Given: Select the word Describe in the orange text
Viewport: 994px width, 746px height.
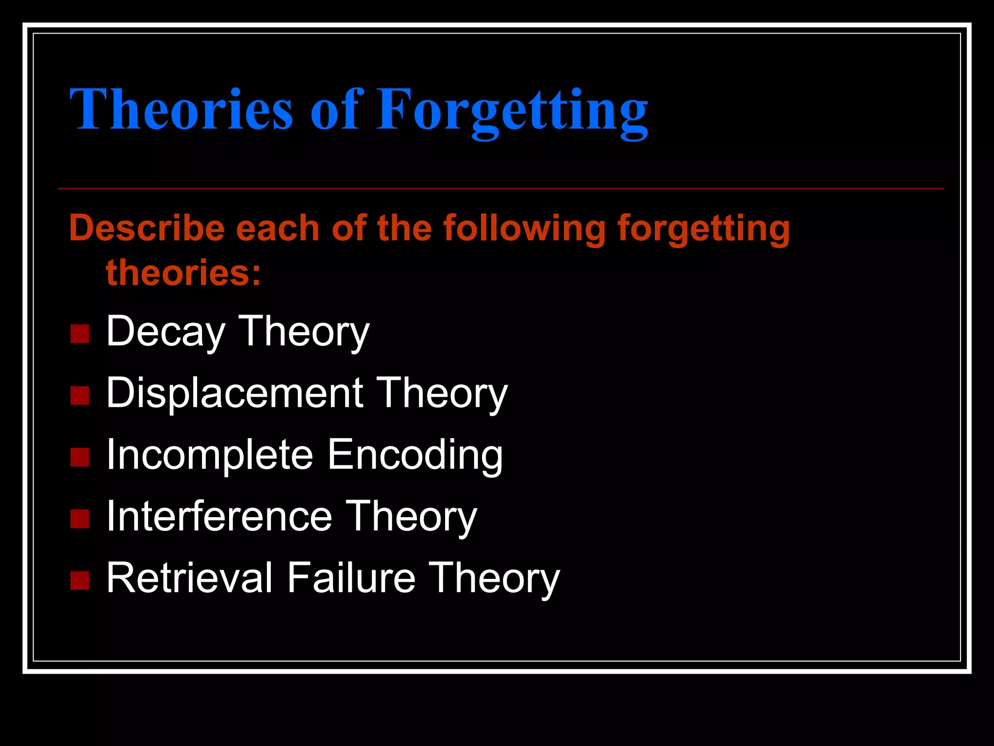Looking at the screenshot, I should (x=147, y=228).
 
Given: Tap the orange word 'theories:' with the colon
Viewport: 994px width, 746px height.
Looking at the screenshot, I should (x=183, y=272).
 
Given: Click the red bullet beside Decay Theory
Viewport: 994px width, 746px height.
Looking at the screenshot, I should (x=80, y=334).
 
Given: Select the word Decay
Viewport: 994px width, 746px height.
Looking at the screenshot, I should (x=166, y=333).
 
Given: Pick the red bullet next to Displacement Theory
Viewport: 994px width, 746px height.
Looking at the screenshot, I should (x=80, y=396).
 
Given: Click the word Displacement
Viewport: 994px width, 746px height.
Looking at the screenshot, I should (x=234, y=393).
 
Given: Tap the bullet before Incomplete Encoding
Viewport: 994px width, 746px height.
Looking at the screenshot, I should (x=80, y=458).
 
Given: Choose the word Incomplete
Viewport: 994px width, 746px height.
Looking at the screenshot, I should (x=210, y=456).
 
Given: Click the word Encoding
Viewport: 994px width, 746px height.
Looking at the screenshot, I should (x=415, y=456).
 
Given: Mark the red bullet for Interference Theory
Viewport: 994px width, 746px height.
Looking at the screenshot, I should (x=80, y=519).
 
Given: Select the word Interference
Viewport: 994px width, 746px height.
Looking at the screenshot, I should (x=219, y=516).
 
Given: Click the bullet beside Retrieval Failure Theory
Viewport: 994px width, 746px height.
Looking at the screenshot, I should (x=80, y=580).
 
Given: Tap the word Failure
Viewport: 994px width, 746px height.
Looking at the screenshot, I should (x=351, y=578).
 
